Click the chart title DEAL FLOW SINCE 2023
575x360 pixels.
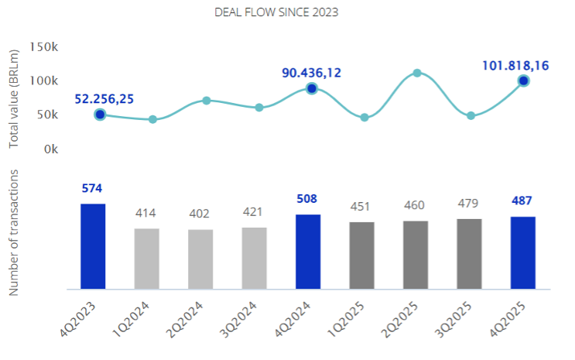point(287,12)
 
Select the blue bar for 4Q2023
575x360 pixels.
point(93,246)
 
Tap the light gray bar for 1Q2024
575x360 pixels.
point(146,259)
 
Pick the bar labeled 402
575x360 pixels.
point(200,259)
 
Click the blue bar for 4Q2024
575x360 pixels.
point(308,252)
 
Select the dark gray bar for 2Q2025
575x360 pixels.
point(416,255)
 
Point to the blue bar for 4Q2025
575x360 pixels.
point(523,253)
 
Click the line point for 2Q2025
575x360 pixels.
point(416,73)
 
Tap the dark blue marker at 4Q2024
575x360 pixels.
point(312,89)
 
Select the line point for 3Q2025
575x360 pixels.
point(471,115)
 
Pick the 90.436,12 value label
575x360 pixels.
point(312,73)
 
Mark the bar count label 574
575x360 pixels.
point(93,188)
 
